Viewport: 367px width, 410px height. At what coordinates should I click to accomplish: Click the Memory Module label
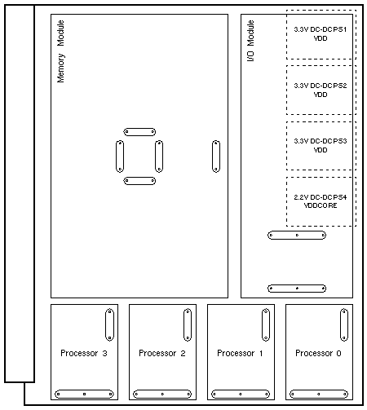tap(60, 51)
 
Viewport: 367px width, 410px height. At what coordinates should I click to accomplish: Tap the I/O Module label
tap(250, 41)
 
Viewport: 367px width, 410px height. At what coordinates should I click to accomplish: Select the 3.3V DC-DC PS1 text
tap(321, 29)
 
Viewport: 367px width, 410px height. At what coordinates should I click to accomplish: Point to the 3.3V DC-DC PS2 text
tap(321, 86)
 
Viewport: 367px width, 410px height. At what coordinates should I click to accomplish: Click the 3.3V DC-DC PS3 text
tap(321, 141)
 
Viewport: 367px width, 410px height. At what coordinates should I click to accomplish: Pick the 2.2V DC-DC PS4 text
tap(321, 197)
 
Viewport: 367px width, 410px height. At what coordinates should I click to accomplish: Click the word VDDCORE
tap(321, 205)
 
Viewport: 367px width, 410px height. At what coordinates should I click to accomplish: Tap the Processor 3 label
tap(84, 353)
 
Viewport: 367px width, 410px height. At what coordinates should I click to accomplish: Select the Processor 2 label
tap(162, 353)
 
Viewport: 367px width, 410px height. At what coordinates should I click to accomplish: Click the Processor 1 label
tap(240, 353)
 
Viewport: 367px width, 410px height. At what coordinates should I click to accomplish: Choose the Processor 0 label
tap(318, 353)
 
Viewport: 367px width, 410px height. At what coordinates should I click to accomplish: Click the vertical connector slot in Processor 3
tap(109, 324)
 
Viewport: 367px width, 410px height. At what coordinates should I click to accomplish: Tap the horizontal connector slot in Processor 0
tap(319, 394)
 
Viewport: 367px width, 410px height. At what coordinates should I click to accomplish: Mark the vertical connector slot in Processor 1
tap(266, 324)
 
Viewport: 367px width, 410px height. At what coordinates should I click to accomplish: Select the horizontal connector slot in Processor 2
tap(162, 394)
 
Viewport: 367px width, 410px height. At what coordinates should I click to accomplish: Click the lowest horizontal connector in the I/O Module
tap(297, 289)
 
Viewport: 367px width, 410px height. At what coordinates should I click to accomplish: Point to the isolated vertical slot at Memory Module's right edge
tap(216, 157)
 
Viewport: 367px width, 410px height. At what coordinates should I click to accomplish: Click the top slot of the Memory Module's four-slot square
tap(139, 132)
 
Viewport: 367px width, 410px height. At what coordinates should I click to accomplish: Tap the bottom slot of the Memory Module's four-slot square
tap(139, 181)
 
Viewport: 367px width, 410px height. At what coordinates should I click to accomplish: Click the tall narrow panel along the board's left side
tap(20, 193)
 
